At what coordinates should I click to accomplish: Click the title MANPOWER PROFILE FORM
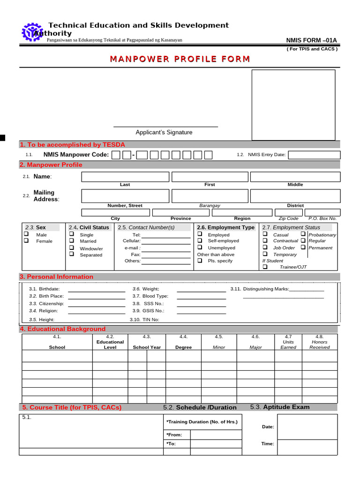pos(180,59)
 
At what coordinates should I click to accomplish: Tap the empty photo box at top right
pos(293,105)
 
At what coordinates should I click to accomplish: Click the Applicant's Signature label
pos(164,132)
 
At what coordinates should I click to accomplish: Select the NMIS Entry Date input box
pos(314,155)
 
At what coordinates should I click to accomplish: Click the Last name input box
pos(125,177)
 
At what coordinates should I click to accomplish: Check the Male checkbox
pos(27,234)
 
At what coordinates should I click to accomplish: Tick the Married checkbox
pos(72,241)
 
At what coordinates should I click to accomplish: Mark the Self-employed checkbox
pos(200,240)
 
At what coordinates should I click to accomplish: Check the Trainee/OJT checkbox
pos(265,267)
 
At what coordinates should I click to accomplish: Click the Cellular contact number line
pos(166,241)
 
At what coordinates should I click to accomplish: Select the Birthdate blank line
pos(97,289)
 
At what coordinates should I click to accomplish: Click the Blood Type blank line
pos(201,296)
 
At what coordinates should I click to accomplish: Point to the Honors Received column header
pos(319,345)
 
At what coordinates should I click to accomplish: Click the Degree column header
pos(183,347)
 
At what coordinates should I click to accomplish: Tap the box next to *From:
pos(216,435)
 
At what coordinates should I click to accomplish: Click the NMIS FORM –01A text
pos(312,40)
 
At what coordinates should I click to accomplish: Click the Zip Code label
pos(288,218)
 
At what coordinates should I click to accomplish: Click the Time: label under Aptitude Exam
pos(267,443)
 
